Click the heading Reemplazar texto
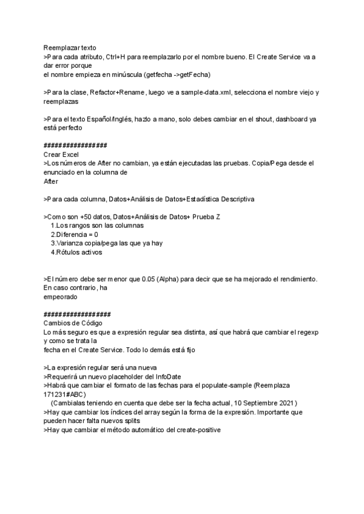69,47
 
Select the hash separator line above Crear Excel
76,145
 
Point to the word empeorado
61,297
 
